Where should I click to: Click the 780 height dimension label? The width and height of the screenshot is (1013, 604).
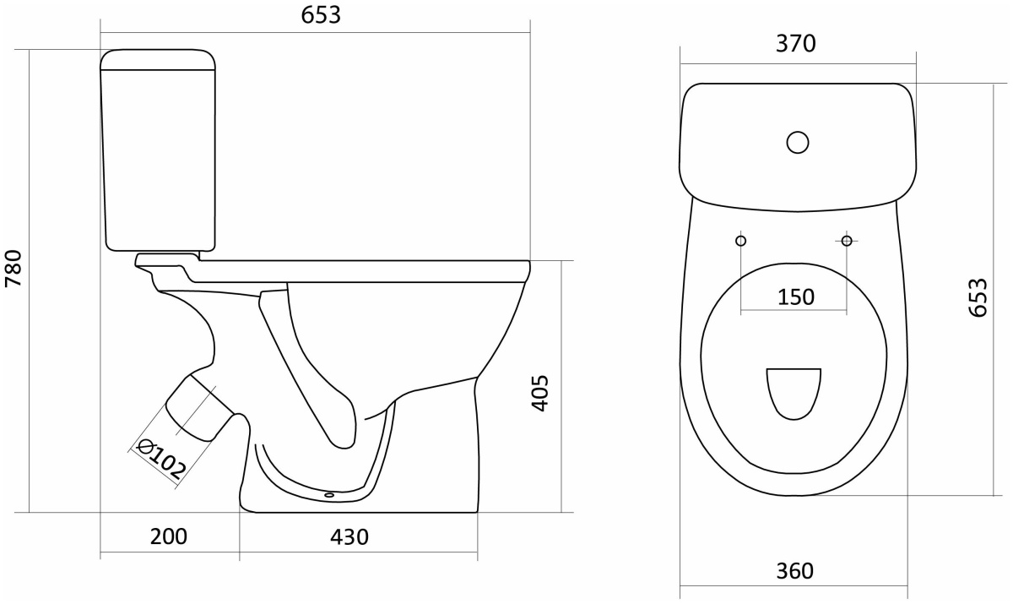tap(14, 268)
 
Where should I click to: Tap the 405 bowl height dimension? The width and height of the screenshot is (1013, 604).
tap(539, 393)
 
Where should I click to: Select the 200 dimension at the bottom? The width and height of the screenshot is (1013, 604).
tap(169, 537)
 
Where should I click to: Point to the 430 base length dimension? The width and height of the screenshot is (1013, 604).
tap(349, 537)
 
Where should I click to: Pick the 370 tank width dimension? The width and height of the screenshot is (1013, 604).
tap(796, 44)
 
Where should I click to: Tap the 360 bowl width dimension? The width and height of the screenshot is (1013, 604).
tap(794, 571)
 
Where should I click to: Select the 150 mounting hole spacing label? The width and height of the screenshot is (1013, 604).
tap(796, 297)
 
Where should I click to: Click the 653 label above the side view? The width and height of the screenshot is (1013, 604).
tap(321, 15)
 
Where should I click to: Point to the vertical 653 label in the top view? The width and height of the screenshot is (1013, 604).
tap(978, 297)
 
